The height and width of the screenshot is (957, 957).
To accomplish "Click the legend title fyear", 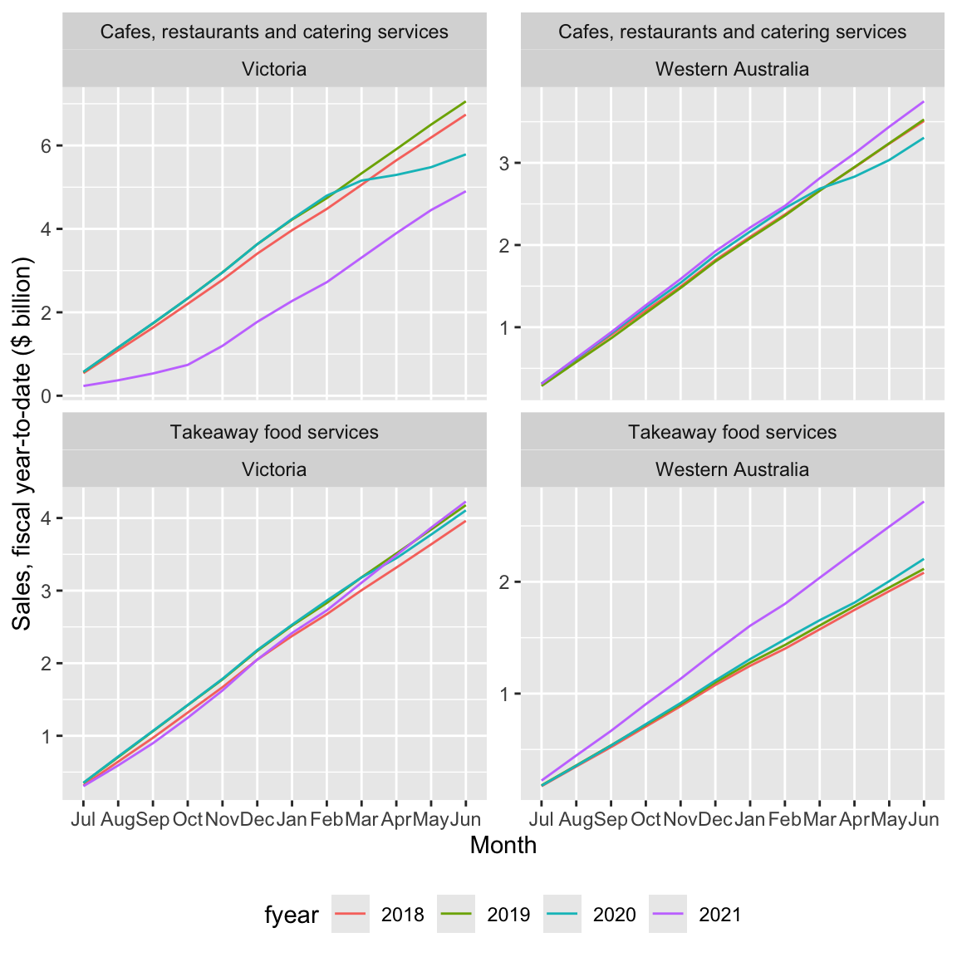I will pos(292,915).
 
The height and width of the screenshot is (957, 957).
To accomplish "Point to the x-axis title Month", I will pos(503,845).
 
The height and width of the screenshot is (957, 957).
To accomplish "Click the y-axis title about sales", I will pos(22,444).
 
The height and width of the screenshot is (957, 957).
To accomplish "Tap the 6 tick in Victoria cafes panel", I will pos(47,146).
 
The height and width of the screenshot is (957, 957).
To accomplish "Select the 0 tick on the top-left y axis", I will pos(47,396).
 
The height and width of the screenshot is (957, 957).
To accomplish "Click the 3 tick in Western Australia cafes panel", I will pos(505,163).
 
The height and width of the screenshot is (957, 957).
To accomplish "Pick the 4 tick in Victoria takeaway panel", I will pos(47,518).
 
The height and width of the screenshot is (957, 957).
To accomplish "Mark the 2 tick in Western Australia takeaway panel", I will pos(505,582).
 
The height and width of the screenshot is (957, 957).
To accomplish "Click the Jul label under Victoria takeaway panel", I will pos(83,820).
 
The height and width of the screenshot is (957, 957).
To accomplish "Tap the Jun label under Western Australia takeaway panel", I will pos(924,820).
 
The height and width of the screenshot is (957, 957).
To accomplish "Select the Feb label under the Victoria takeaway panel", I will pos(326,820).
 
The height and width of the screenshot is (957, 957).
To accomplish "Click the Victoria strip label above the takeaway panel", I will pos(274,469).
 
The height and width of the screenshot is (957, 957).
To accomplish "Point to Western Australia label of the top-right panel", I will pos(732,69).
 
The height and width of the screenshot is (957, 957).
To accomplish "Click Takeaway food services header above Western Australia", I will pos(732,432).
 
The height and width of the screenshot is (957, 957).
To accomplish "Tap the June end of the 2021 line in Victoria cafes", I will pos(465,192).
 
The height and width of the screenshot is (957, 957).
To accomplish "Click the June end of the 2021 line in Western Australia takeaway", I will pos(924,502).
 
